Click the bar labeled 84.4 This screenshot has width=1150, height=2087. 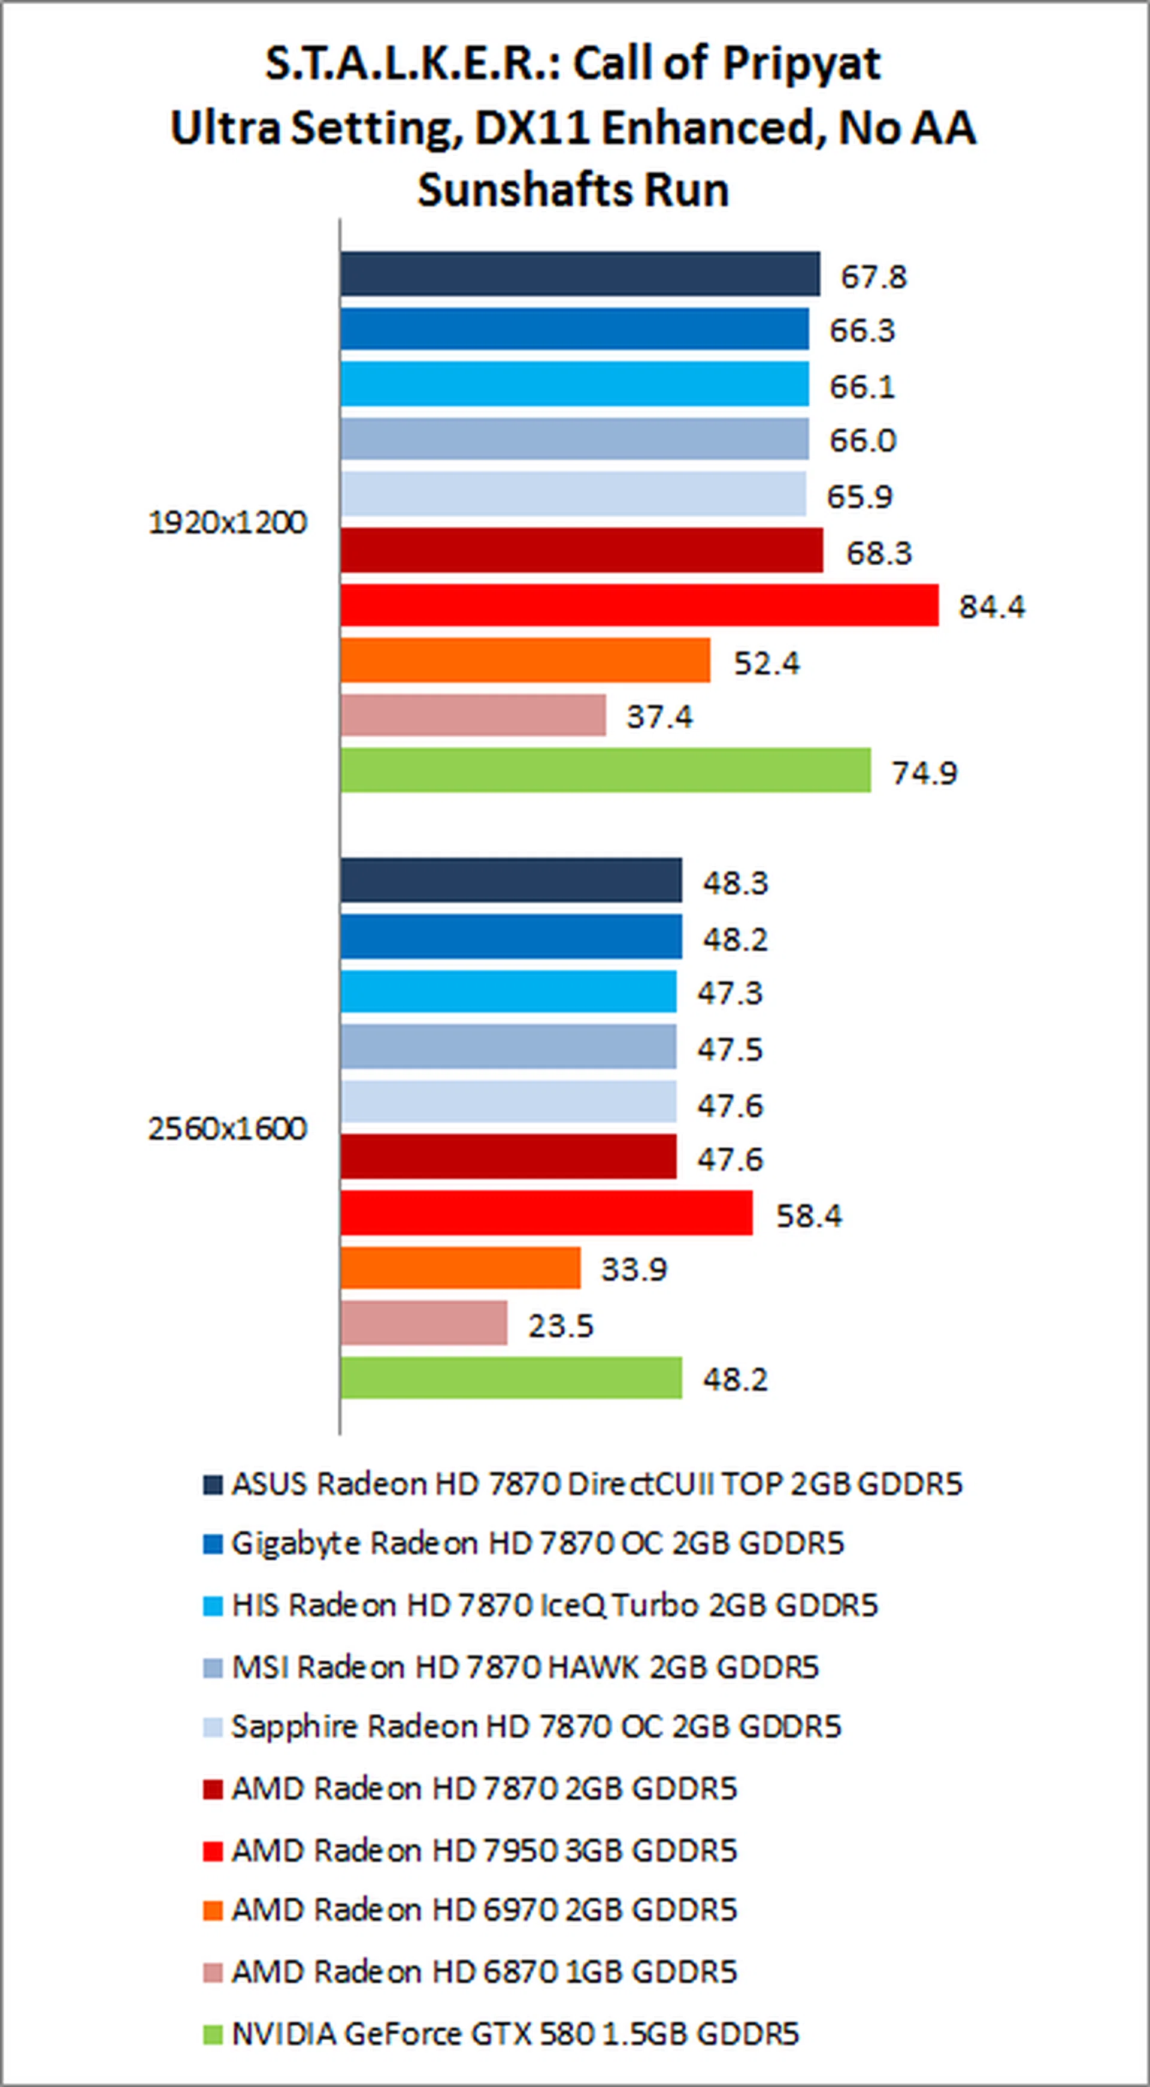coord(639,605)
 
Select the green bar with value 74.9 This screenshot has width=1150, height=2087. coord(605,770)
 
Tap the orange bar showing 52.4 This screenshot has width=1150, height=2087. coord(525,661)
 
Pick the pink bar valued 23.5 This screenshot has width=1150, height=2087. coord(423,1323)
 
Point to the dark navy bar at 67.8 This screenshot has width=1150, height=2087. coord(580,274)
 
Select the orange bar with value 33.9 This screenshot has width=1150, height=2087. coord(460,1268)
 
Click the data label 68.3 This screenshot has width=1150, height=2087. coord(879,553)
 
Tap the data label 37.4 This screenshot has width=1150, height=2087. coord(659,717)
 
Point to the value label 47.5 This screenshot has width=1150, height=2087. coord(730,1050)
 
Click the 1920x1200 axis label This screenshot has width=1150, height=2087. coord(228,523)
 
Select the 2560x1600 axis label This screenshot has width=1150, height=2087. coord(228,1129)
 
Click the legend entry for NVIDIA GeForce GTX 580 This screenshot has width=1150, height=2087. coord(515,2034)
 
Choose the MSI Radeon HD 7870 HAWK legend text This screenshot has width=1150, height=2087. coord(525,1667)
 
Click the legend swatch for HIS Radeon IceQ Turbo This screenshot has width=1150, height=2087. coord(212,1606)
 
